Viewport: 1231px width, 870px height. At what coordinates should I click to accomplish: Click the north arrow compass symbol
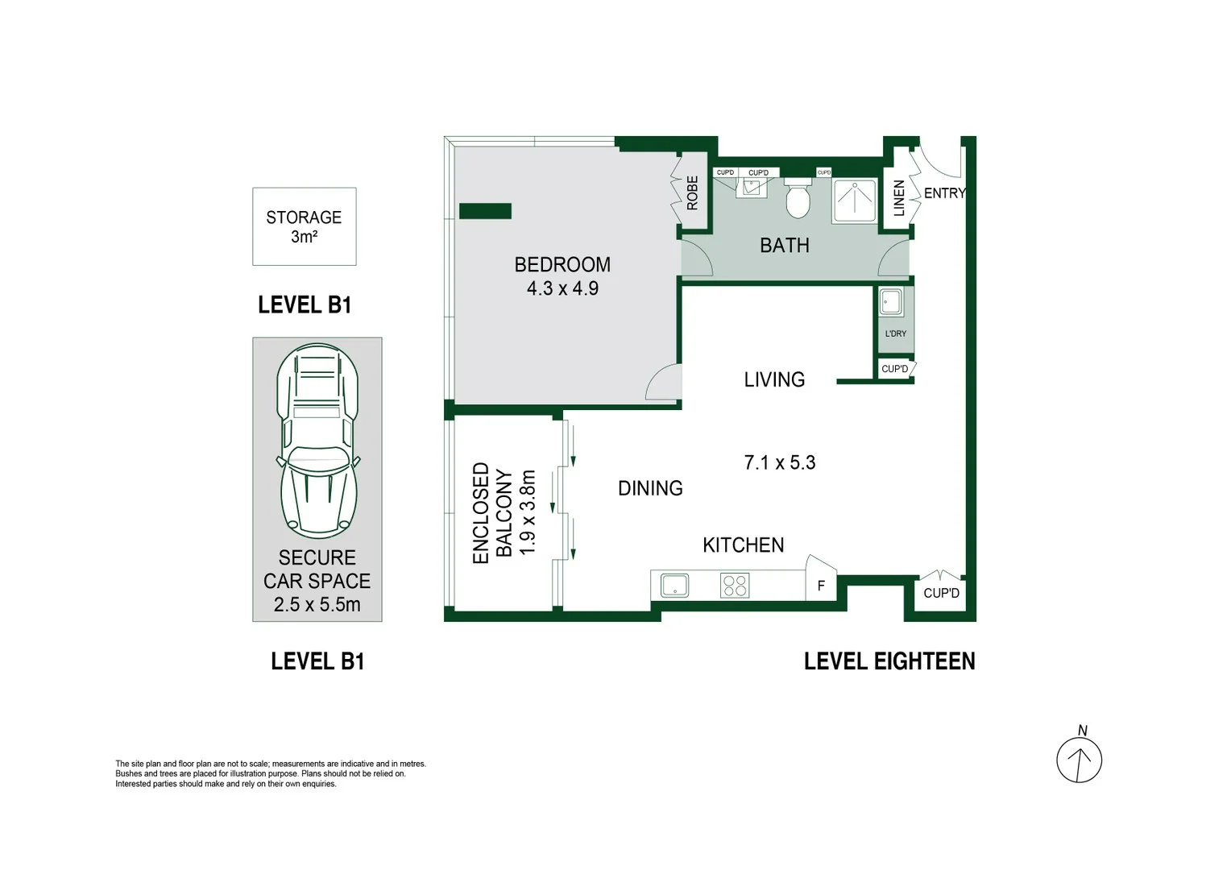point(1079,759)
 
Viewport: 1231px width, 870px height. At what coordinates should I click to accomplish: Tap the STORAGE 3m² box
point(304,226)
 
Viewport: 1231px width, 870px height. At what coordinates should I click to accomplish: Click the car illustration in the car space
point(317,441)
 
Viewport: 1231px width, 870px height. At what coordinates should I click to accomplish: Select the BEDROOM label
point(562,264)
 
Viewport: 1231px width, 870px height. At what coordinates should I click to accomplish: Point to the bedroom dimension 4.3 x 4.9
point(562,288)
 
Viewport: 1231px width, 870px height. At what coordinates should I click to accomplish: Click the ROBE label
point(692,193)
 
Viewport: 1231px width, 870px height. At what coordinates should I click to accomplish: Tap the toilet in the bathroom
point(798,199)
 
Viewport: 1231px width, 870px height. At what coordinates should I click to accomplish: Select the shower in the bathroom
point(854,201)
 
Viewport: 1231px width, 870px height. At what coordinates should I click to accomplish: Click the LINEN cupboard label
point(899,197)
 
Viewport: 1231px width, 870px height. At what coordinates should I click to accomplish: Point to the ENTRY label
point(943,193)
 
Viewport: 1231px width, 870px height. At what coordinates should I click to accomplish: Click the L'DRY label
point(895,333)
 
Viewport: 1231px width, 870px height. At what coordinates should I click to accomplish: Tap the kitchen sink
point(674,585)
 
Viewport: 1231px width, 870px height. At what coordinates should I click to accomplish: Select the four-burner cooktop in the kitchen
point(735,585)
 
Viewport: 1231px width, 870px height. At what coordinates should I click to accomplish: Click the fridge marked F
point(821,586)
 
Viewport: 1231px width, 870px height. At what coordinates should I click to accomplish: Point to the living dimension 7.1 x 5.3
point(779,462)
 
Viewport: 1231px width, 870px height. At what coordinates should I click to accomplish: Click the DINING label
point(650,488)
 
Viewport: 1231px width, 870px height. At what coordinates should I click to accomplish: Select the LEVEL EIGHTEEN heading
point(889,661)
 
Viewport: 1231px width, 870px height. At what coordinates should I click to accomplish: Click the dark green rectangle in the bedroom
point(485,211)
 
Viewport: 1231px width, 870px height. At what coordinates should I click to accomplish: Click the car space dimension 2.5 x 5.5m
point(317,604)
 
